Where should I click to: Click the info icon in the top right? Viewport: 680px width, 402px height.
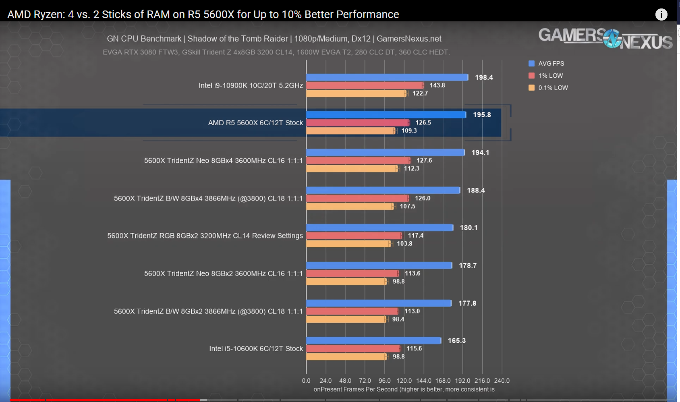[x=661, y=15]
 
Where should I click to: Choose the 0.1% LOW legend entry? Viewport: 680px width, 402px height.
[x=548, y=88]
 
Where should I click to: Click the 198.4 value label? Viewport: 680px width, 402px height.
[x=484, y=77]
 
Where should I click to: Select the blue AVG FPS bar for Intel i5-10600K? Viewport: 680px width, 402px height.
[x=373, y=341]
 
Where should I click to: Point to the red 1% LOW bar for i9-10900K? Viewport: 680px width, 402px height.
[x=365, y=85]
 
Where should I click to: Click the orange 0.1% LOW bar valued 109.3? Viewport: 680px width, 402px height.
[x=351, y=131]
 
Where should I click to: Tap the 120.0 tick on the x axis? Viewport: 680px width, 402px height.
[x=404, y=381]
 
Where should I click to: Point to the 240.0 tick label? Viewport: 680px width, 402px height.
[x=502, y=381]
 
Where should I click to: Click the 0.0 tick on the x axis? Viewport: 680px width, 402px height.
[x=306, y=381]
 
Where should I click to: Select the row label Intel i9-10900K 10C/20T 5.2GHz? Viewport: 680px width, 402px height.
[x=251, y=85]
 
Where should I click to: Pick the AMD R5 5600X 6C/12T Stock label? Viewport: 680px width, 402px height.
[x=255, y=123]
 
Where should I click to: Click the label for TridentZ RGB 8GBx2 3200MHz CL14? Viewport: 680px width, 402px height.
[x=205, y=236]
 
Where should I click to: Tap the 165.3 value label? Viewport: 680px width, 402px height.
[x=457, y=341]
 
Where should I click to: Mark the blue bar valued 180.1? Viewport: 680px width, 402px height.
[x=379, y=228]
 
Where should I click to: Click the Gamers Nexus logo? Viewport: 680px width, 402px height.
[x=605, y=38]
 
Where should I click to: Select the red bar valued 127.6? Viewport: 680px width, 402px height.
[x=358, y=161]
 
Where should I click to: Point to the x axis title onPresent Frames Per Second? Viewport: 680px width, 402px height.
[x=404, y=390]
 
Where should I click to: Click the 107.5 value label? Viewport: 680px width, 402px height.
[x=408, y=206]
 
